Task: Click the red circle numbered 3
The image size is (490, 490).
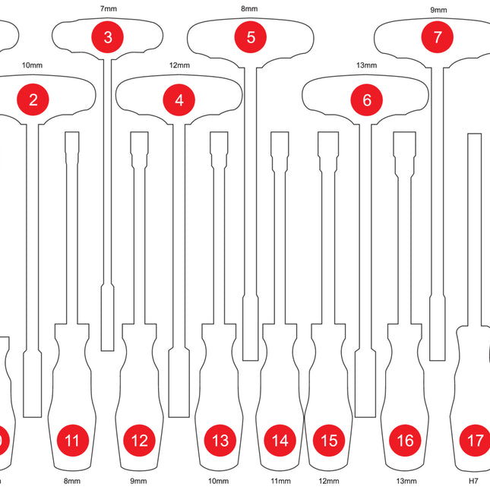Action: pyautogui.click(x=107, y=36)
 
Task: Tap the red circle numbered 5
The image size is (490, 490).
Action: pyautogui.click(x=251, y=36)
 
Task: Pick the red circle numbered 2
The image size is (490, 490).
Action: pyautogui.click(x=33, y=99)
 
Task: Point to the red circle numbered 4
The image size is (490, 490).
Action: pyautogui.click(x=179, y=99)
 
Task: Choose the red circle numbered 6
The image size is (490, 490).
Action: pyautogui.click(x=367, y=100)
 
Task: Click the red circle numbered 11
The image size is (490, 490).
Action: pyautogui.click(x=72, y=440)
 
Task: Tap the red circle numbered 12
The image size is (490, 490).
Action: pyautogui.click(x=139, y=440)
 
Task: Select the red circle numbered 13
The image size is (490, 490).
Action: pyautogui.click(x=220, y=440)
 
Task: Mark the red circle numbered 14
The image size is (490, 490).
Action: pyautogui.click(x=280, y=440)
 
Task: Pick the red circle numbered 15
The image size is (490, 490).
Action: pyautogui.click(x=328, y=440)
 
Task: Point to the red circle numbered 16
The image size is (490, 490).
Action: pyautogui.click(x=405, y=440)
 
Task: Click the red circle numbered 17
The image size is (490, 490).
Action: pyautogui.click(x=476, y=440)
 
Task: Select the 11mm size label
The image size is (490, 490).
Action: pyautogui.click(x=280, y=481)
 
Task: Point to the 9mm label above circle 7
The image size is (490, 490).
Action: pyautogui.click(x=438, y=11)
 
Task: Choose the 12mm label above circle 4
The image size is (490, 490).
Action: pyautogui.click(x=179, y=65)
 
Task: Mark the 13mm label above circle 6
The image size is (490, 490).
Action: pyautogui.click(x=366, y=65)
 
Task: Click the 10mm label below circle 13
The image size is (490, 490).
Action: pyautogui.click(x=218, y=481)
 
